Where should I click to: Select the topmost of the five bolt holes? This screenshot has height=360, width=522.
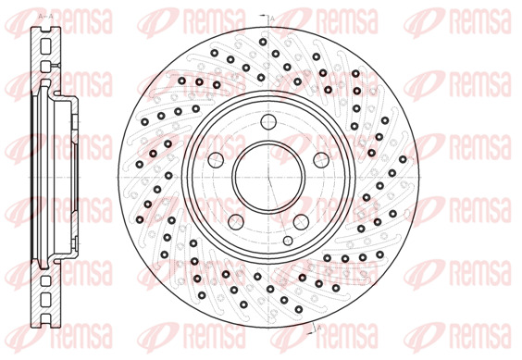pyautogui.click(x=268, y=121)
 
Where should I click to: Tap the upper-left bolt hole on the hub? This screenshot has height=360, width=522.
pyautogui.click(x=216, y=160)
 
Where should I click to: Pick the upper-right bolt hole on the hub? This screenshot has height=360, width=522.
pyautogui.click(x=321, y=160)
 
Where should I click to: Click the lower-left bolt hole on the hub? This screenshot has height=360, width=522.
pyautogui.click(x=236, y=221)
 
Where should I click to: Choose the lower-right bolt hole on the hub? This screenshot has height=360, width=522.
pyautogui.click(x=301, y=221)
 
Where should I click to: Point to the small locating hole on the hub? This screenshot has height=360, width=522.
pyautogui.click(x=288, y=241)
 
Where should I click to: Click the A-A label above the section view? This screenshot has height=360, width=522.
pyautogui.click(x=46, y=16)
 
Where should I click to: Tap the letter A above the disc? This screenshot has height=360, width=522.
pyautogui.click(x=272, y=19)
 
